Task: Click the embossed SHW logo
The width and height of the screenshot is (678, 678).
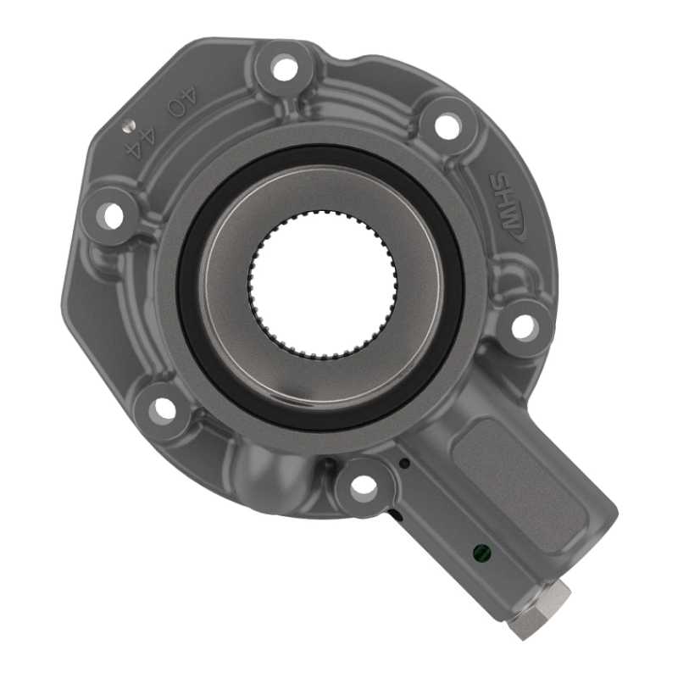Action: click(506, 207)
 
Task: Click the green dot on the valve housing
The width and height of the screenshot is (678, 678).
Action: click(481, 552)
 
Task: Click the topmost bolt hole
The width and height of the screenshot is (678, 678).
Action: click(286, 69)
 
